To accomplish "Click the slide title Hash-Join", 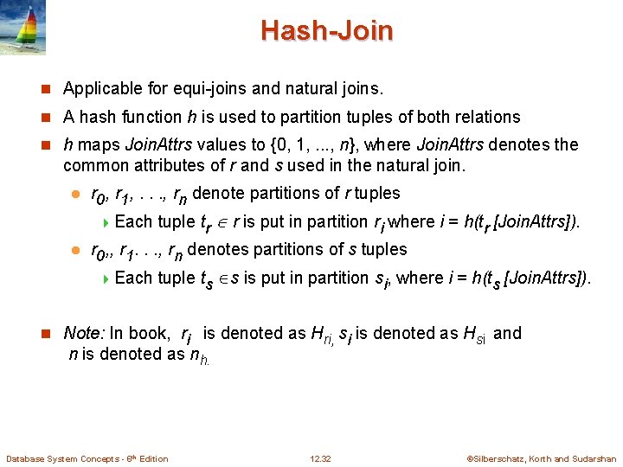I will coord(326,31).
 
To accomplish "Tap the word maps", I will coord(94,144).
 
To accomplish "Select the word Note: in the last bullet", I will coord(85,333).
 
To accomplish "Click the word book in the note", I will coord(153,333).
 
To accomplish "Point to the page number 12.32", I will coord(320,459).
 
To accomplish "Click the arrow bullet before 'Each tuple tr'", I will coord(106,222).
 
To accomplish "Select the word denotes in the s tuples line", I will coord(216,249).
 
